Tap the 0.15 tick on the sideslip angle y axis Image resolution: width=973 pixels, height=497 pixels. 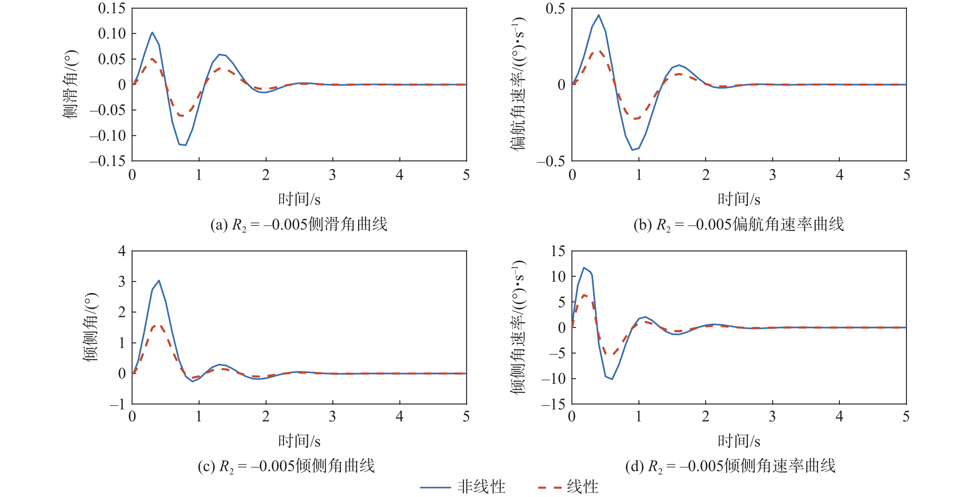(x=112, y=8)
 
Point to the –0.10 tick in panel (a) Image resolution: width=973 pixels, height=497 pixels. (x=108, y=135)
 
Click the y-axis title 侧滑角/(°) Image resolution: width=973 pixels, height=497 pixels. (x=71, y=84)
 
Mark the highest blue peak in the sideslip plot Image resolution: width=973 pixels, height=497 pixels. (x=152, y=32)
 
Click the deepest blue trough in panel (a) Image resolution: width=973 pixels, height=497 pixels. (x=185, y=145)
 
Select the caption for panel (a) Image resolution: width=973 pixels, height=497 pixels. (x=299, y=225)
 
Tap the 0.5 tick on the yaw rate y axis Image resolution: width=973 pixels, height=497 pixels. (x=555, y=8)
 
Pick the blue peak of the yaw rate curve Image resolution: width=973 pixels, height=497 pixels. (x=599, y=15)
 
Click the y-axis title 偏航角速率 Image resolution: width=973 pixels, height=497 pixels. (x=518, y=84)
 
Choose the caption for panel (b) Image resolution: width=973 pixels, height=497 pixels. (x=739, y=225)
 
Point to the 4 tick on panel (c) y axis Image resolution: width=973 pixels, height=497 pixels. (x=122, y=251)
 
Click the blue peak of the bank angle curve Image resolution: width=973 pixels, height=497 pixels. (x=159, y=280)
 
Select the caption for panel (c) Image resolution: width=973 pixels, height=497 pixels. (x=286, y=466)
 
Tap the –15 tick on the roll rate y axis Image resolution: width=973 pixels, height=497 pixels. (x=553, y=404)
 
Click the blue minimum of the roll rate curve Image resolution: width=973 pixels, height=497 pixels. (x=612, y=379)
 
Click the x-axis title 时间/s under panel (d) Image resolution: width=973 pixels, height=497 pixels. (x=739, y=441)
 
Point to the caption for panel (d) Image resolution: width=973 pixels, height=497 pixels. (x=730, y=466)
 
